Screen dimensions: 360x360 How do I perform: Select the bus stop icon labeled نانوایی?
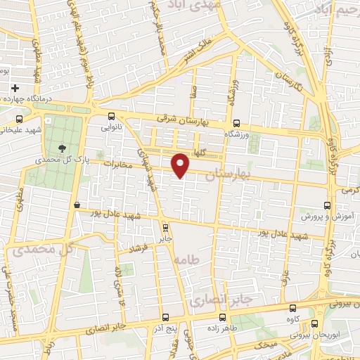click(111, 117)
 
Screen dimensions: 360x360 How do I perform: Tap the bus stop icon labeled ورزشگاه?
click(236, 121)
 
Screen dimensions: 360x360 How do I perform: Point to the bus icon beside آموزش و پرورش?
click(327, 205)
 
